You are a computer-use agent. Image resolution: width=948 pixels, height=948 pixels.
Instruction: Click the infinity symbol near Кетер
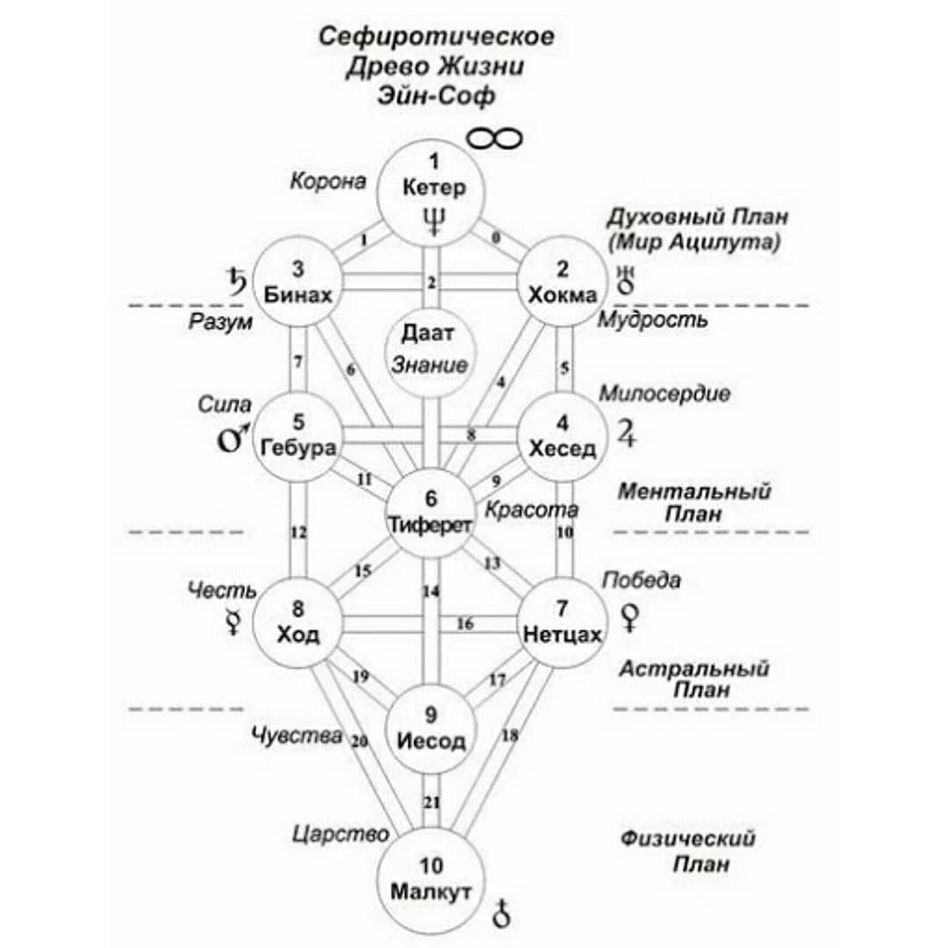[x=494, y=140]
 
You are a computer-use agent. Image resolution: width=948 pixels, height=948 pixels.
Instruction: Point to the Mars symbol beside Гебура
[x=233, y=436]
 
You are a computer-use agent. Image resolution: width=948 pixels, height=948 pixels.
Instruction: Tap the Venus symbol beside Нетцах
[x=630, y=618]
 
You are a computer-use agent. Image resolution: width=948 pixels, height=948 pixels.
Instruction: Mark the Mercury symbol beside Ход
[x=233, y=621]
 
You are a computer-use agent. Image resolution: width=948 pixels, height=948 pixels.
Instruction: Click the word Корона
[x=328, y=181]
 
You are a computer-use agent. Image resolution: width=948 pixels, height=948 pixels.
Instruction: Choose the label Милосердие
[x=664, y=393]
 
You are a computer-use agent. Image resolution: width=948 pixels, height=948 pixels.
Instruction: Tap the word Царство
[x=341, y=835]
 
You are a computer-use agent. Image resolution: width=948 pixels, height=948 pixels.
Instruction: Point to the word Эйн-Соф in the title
[x=436, y=96]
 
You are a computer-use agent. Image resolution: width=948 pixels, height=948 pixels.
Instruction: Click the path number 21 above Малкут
[x=431, y=803]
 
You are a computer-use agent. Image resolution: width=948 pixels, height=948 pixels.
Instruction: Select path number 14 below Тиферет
[x=431, y=591]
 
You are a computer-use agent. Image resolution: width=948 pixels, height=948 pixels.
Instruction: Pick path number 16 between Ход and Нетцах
[x=465, y=623]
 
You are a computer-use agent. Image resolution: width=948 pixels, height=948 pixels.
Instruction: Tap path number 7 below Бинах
[x=298, y=362]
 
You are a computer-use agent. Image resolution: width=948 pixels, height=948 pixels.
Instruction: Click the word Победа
[x=642, y=580]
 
